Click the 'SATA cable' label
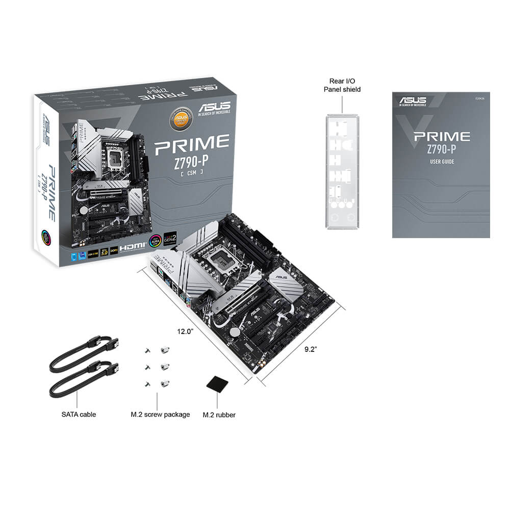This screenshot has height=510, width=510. coord(79,414)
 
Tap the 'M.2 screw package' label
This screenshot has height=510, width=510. coord(160,415)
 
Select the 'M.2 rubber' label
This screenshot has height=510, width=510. coord(219,415)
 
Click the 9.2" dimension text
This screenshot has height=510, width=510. coord(311,349)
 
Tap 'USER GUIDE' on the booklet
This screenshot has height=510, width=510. coord(441,162)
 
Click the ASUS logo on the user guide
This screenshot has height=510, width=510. coord(413,99)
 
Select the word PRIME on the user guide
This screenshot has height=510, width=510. coord(442,137)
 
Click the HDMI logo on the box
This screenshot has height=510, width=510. coord(133,245)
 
